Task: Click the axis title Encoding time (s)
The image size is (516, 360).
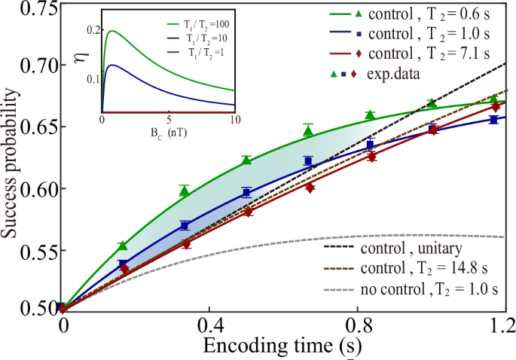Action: pos(287,346)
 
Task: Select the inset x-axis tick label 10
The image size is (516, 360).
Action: pos(234,121)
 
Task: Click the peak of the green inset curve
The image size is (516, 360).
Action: pos(112,31)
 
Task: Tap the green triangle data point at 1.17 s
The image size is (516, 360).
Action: pos(493,99)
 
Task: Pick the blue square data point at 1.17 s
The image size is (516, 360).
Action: pos(493,119)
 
